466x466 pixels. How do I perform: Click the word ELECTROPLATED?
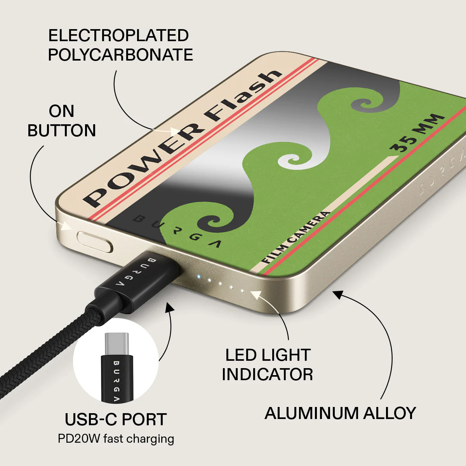pos(118,36)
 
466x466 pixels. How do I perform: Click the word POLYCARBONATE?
pos(120,55)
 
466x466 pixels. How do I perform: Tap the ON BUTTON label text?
pos(62,121)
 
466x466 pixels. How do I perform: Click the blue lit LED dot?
pos(198,276)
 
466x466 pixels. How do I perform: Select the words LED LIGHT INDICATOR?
pos(268,365)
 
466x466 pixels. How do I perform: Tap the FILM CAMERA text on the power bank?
pos(296,237)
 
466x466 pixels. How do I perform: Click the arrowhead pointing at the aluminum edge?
pos(339,295)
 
